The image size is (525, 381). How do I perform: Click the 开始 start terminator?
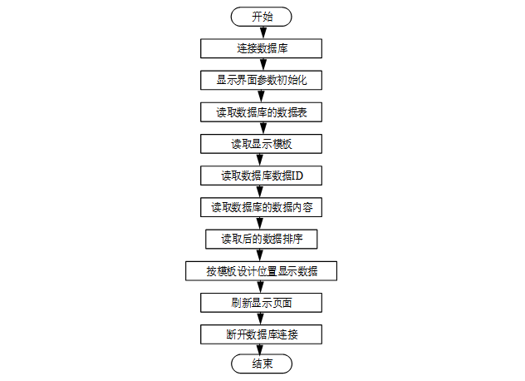261,17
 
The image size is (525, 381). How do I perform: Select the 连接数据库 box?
261,48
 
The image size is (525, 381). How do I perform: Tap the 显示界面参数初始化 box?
261,80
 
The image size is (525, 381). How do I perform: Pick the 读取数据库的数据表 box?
261,112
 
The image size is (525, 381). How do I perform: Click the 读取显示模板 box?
261,144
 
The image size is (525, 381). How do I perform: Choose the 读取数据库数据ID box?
261,176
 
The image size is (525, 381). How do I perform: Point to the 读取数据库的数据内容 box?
261,207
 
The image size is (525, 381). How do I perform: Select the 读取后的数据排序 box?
261,239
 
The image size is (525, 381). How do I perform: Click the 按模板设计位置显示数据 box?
261,271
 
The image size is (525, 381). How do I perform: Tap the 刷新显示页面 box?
261,303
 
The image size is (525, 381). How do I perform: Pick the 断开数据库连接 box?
261,334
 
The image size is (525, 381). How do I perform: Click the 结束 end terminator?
262,364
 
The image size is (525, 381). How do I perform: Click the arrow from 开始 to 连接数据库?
263,32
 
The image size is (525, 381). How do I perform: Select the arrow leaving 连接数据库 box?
263,64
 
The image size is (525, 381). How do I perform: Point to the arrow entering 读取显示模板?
263,128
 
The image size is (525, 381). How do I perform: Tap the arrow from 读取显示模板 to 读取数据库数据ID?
260,160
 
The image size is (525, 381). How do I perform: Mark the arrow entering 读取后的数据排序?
260,224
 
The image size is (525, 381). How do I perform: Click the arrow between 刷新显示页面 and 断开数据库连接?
261,319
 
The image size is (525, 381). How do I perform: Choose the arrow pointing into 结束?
260,349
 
